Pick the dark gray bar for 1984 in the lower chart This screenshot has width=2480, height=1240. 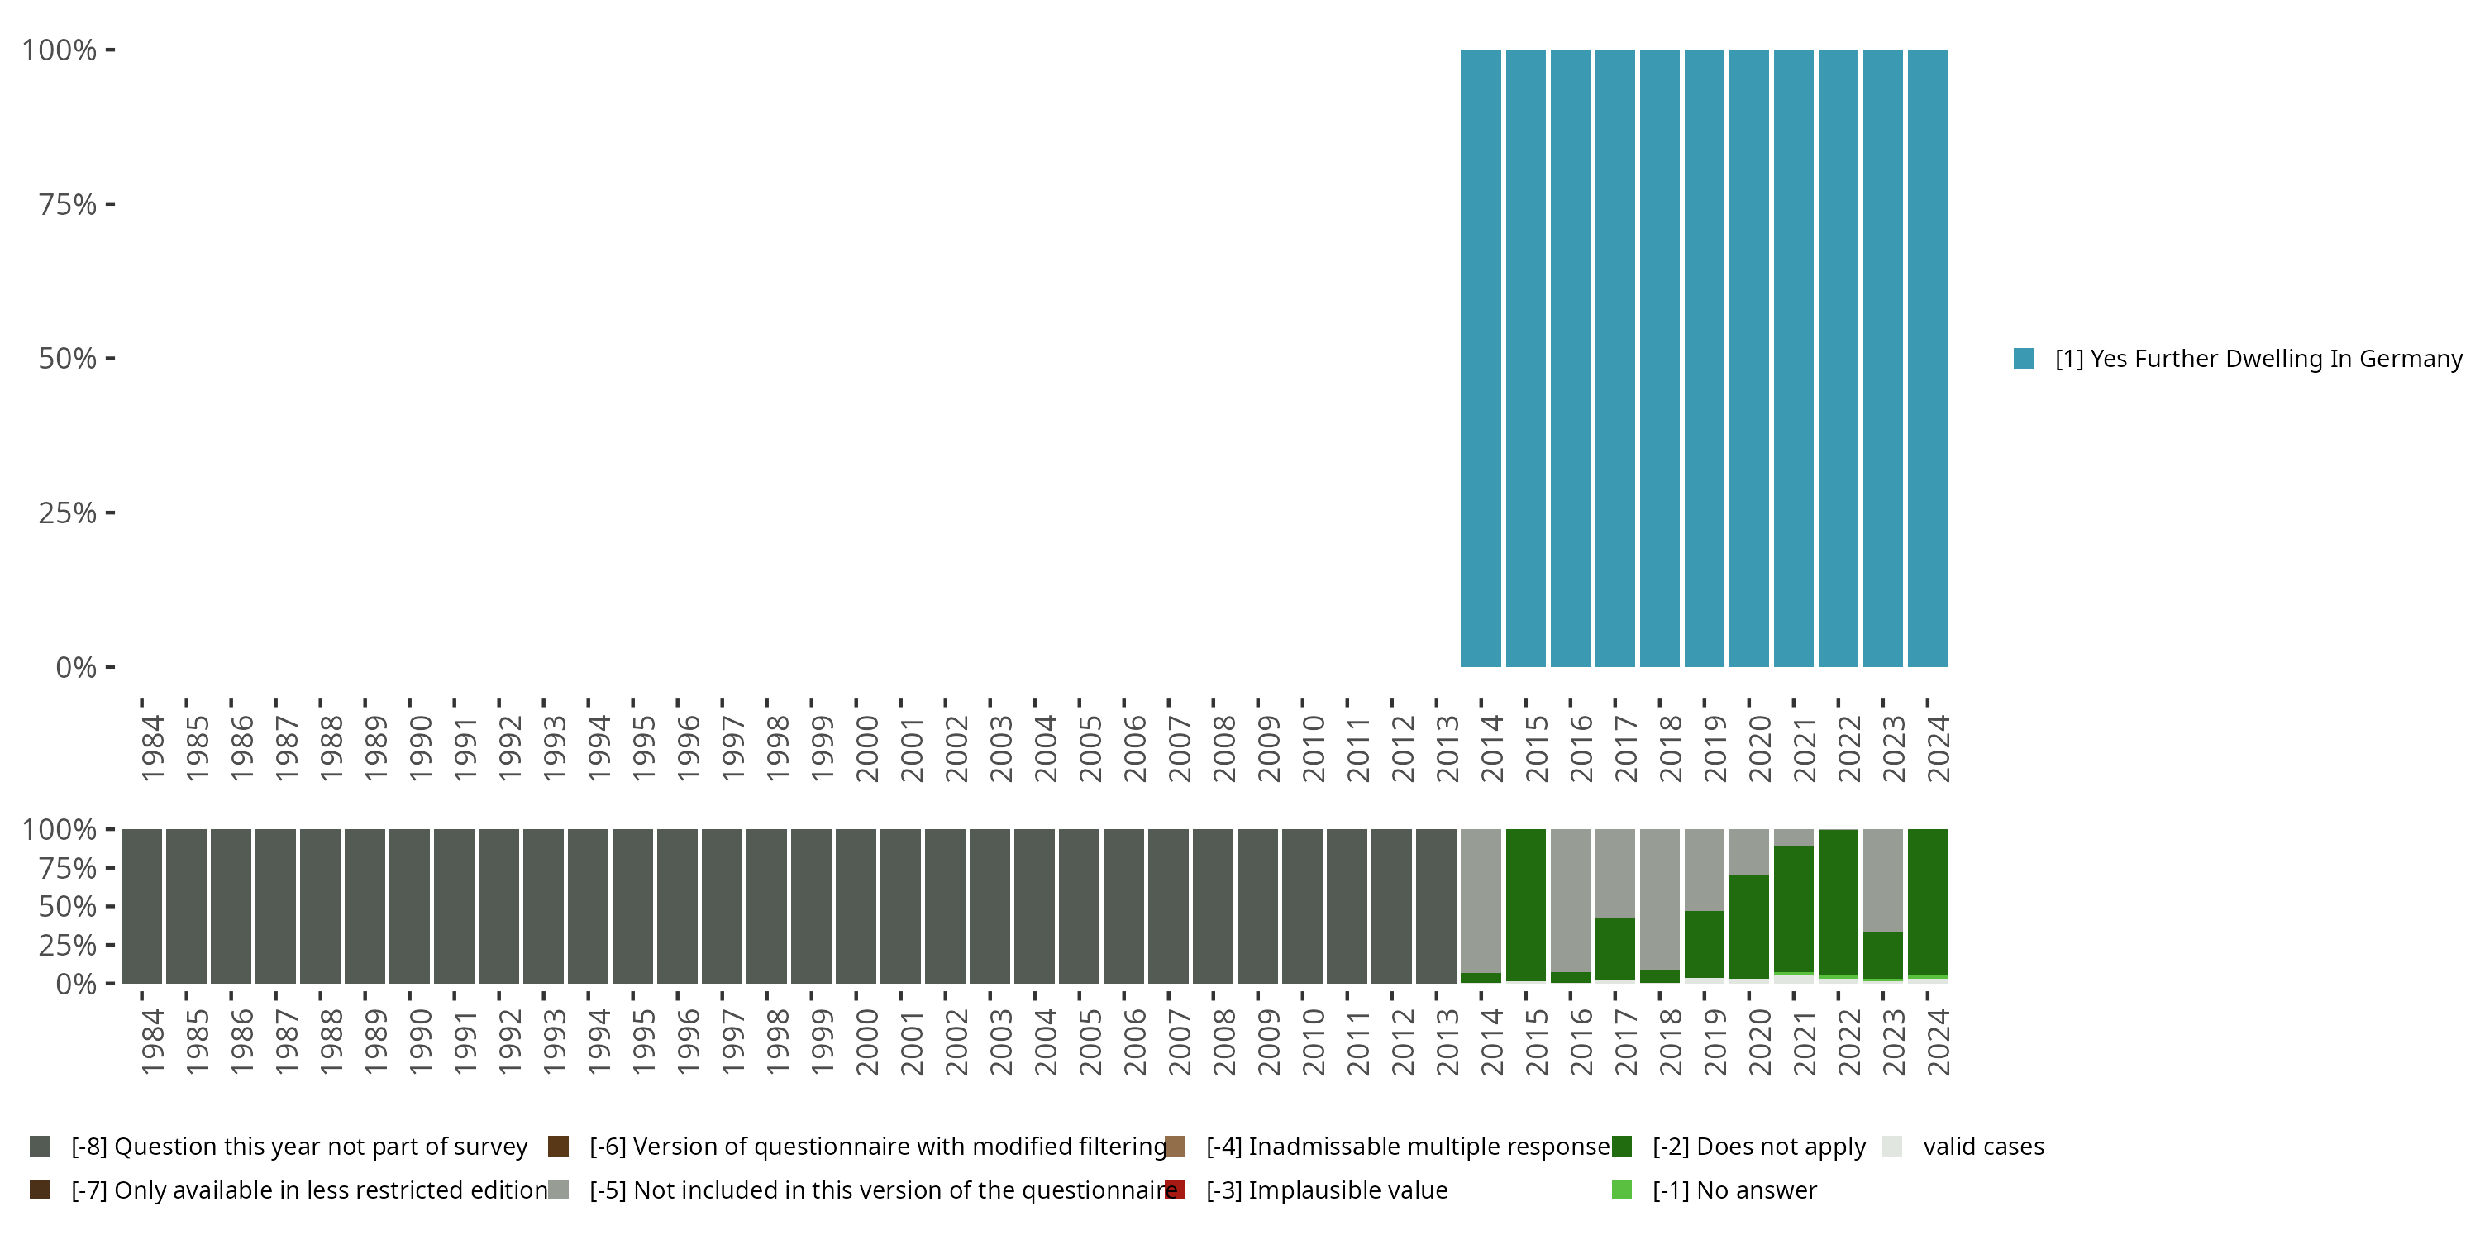141,906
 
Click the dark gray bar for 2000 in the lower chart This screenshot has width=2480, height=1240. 856,906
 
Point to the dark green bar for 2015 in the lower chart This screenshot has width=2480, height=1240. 1526,905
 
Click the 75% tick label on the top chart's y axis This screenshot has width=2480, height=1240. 68,205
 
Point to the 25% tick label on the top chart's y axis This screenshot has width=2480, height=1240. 68,513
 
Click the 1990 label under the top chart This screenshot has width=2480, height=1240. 421,748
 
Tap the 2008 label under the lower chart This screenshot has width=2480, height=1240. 1223,1042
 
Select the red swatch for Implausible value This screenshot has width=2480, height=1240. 1175,1190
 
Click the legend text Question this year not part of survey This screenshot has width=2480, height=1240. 299,1147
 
